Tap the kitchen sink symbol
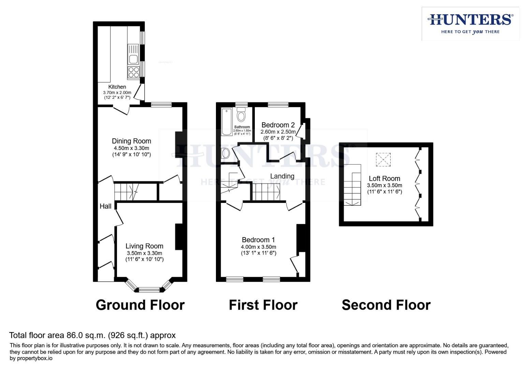tap(133, 55)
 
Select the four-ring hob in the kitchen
tap(133, 72)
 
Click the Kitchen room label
tap(117, 87)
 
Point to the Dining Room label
tap(131, 141)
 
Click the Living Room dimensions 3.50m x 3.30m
tap(144, 253)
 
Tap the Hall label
tap(105, 206)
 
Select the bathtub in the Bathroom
tap(227, 122)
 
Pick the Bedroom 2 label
tap(278, 125)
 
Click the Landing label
tap(282, 176)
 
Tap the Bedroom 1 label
tap(258, 240)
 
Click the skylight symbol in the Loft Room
tap(383, 160)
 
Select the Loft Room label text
tap(384, 178)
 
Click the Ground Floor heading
tap(140, 305)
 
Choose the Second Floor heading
tap(386, 305)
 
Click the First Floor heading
tap(263, 305)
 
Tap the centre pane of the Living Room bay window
tap(149, 290)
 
